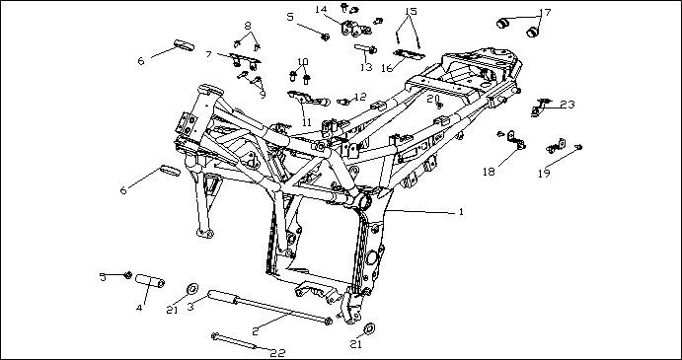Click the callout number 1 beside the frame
coord(460,212)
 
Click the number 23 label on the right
coord(567,104)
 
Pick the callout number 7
coord(209,54)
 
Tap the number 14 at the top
coord(321,10)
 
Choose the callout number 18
coord(489,171)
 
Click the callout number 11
coord(308,122)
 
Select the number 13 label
coord(365,68)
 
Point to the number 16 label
coord(387,66)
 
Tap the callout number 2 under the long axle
coord(255,329)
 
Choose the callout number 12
coord(360,97)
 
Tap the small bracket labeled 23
coord(542,105)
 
